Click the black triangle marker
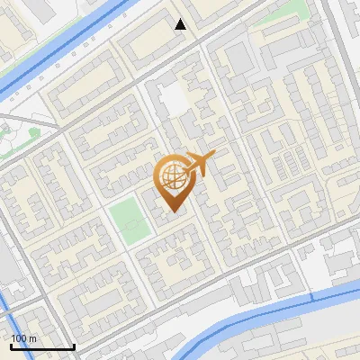[181, 24]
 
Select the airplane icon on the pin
[199, 164]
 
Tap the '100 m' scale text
[23, 338]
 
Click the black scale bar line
[42, 347]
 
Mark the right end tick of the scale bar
[74, 346]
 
